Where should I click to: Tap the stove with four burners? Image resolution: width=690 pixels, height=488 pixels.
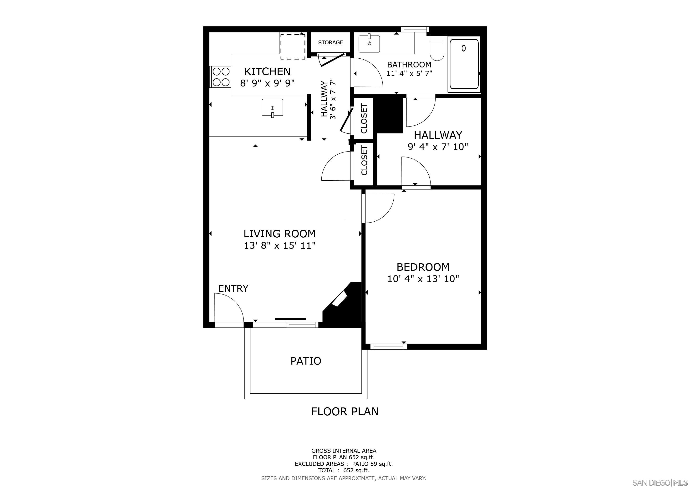221,77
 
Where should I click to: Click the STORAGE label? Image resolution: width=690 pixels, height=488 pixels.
330,42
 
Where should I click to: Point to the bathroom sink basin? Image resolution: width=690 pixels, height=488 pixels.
369,44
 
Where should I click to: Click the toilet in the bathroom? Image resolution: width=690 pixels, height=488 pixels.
437,49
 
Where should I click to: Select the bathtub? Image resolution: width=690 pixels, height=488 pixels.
464,64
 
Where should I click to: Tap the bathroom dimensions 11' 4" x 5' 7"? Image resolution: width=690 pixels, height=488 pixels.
409,73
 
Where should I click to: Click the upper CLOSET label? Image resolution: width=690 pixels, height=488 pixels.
364,119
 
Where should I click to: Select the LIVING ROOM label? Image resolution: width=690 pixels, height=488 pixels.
279,234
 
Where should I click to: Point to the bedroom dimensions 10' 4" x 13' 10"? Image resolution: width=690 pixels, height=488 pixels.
423,279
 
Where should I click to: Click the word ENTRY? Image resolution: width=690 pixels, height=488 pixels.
233,289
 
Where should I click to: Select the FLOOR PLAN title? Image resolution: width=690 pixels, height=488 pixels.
345,411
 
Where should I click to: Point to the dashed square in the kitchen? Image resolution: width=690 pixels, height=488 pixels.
293,46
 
